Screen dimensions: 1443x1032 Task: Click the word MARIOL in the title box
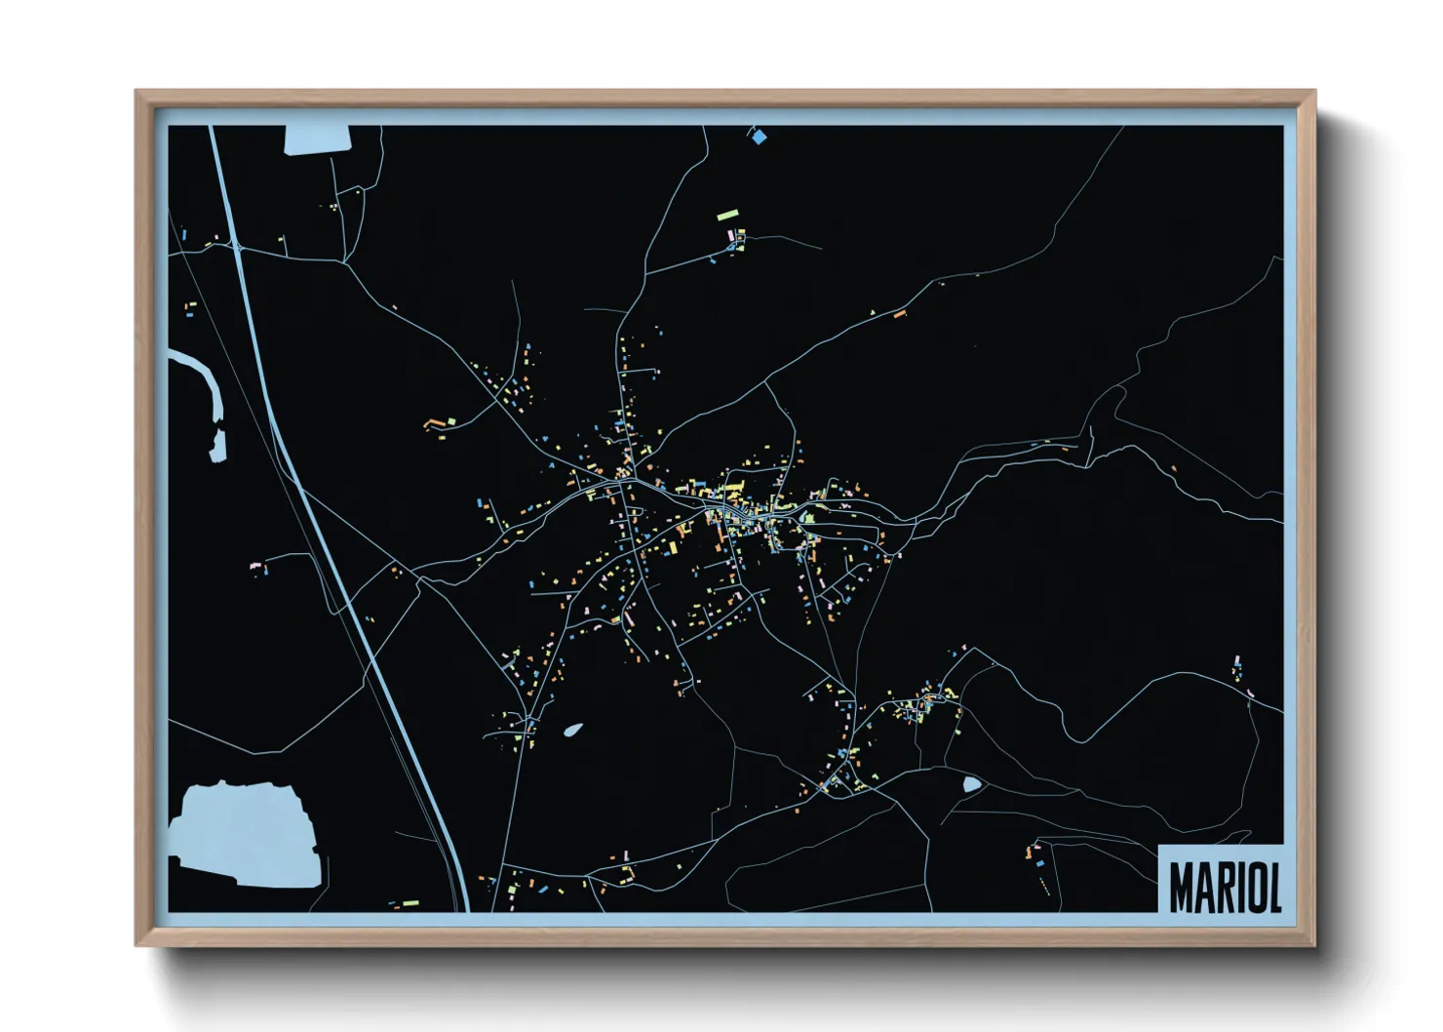[1225, 887]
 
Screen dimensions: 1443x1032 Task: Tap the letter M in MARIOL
[1182, 887]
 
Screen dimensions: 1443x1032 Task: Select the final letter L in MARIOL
[1272, 887]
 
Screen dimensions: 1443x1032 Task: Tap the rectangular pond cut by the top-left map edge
[317, 139]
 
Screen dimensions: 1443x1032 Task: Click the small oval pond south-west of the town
[573, 729]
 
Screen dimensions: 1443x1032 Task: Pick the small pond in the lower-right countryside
[971, 784]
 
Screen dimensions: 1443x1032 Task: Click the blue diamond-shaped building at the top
[760, 138]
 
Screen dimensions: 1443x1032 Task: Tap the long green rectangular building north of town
[728, 216]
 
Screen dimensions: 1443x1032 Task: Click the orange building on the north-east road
[900, 314]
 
